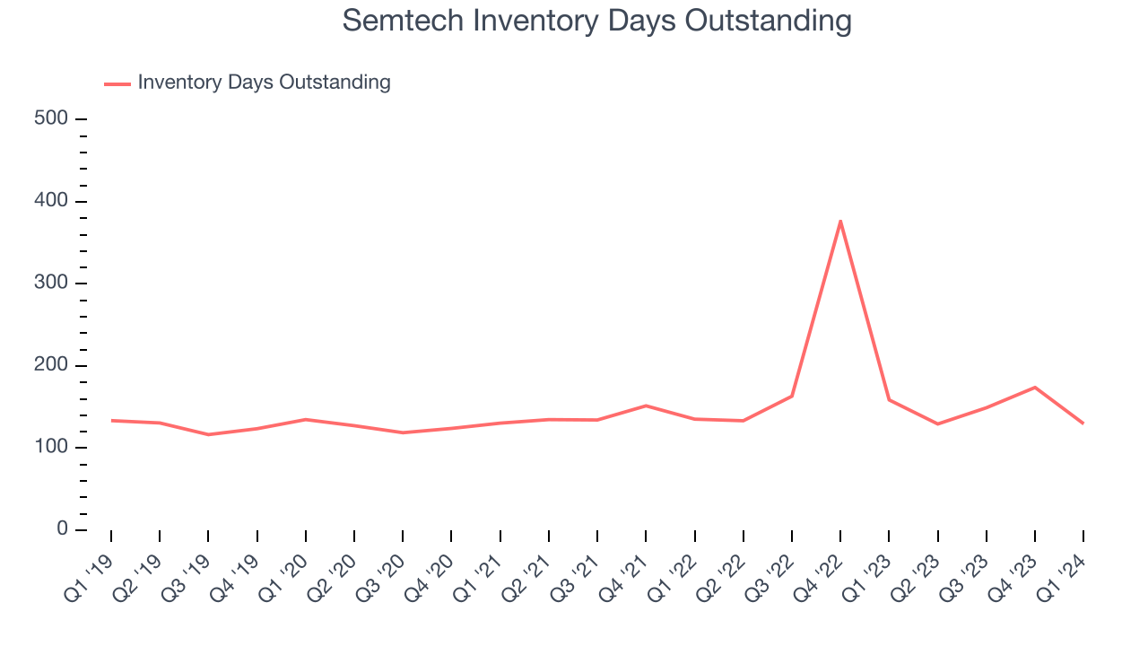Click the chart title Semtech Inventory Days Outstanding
pos(596,20)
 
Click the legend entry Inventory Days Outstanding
pos(264,83)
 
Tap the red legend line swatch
pos(117,83)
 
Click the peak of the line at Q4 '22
pos(840,221)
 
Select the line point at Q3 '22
pos(792,396)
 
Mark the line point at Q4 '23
pos(1035,388)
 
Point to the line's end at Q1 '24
pos(1083,423)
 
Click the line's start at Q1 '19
pos(111,421)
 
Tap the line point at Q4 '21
pos(646,406)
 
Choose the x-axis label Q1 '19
pos(90,574)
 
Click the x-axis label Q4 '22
pos(819,574)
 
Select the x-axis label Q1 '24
pos(1062,574)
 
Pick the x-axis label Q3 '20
pos(381,574)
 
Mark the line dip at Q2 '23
pos(938,423)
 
